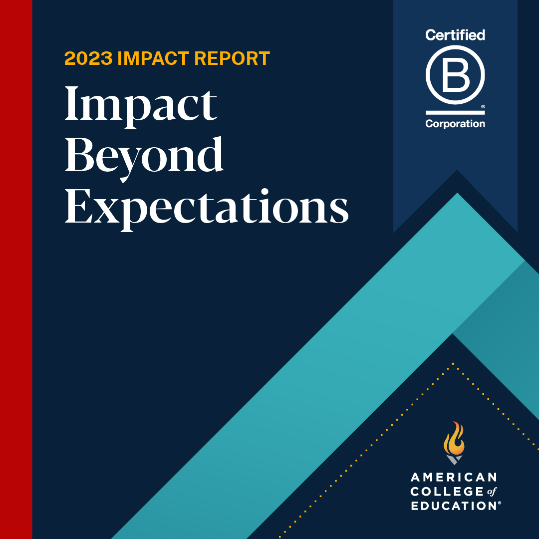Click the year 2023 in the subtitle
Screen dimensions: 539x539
pos(88,59)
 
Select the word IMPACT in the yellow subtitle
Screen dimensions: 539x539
pos(153,59)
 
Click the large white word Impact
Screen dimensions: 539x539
pos(141,105)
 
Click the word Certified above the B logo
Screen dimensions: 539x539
pos(455,35)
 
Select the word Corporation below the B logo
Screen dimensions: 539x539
pos(455,124)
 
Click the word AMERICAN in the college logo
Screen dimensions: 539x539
pos(454,477)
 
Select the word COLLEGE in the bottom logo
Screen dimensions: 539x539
pos(440,492)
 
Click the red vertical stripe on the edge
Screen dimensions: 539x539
pos(16,269)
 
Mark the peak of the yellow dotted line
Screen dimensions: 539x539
pos(453,364)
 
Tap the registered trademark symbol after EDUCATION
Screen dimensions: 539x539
pos(499,503)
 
